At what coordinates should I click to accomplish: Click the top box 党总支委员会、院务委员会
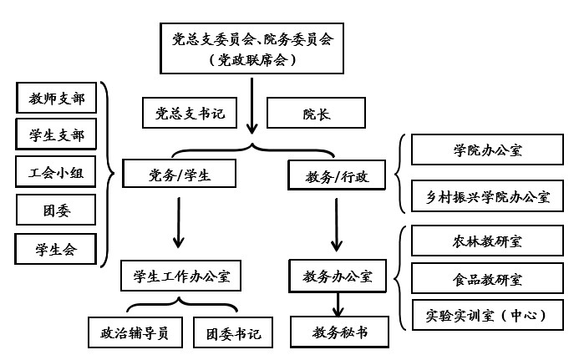(251, 49)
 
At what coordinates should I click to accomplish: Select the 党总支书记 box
(190, 114)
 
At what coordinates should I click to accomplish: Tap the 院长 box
(304, 114)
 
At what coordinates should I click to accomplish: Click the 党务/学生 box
(179, 175)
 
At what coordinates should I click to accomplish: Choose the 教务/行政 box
(333, 175)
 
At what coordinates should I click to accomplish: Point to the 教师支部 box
(56, 98)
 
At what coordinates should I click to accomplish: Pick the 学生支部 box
(56, 134)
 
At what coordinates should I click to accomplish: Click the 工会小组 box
(56, 172)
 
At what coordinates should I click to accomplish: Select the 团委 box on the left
(56, 210)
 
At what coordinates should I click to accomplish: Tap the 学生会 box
(56, 248)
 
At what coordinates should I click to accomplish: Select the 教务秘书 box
(339, 332)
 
